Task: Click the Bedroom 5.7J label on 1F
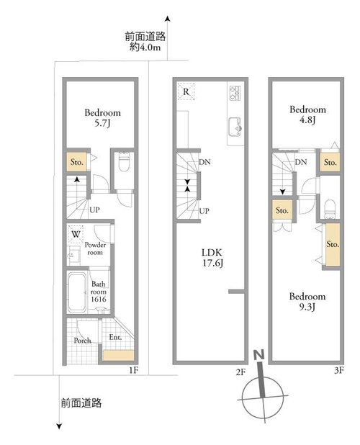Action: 102,118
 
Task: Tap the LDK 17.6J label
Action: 212,258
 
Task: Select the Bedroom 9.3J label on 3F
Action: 307,302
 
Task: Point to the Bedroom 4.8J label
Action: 307,114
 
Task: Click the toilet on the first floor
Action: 123,161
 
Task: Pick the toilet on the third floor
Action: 330,209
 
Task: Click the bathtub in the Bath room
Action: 77,292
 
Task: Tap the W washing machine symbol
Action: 76,234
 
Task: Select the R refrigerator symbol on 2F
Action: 186,91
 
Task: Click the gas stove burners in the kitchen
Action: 235,93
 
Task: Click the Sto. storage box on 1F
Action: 76,162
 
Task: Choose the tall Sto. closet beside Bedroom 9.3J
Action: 333,245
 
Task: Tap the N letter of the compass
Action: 259,355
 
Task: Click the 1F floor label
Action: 134,370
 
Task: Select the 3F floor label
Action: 338,370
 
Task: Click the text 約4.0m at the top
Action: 145,47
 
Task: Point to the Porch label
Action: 82,341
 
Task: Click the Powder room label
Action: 95,248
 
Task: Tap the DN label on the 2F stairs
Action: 204,162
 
